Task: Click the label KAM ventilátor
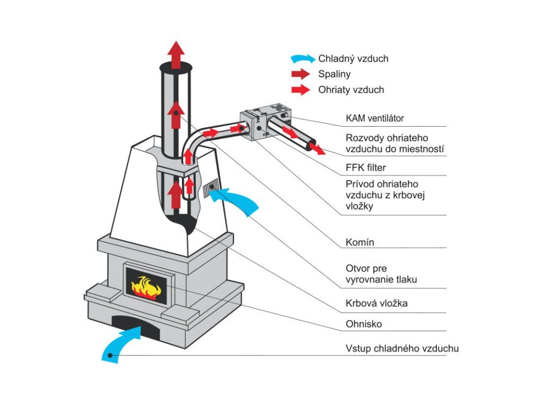point(375,118)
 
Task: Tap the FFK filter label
point(366,168)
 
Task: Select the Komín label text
point(360,242)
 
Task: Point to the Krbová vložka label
point(376,304)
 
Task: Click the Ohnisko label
point(364,324)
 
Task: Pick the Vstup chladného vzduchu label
point(402,349)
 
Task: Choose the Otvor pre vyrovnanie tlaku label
point(381,274)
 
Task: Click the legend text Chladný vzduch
point(353,59)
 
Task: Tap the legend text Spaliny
point(334,74)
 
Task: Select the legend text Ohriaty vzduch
point(351,90)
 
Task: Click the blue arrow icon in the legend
point(303,59)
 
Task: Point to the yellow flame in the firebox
point(146,287)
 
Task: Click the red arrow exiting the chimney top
point(176,55)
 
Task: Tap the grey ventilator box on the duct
point(265,121)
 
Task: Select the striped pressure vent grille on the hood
point(211,188)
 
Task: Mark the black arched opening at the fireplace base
point(136,326)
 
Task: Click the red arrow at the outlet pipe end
point(317,148)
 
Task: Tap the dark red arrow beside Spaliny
point(301,74)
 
